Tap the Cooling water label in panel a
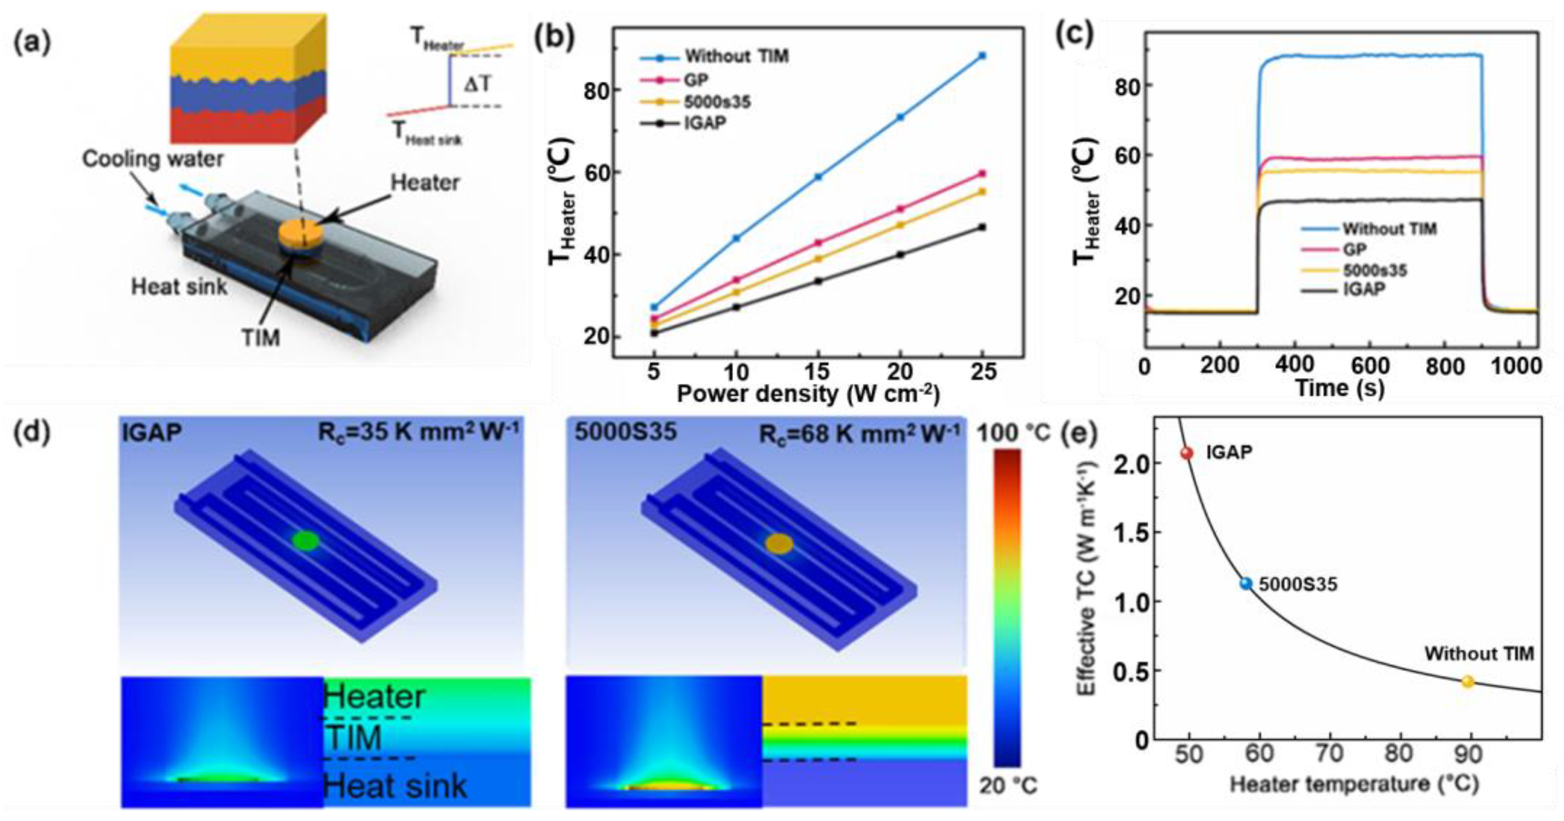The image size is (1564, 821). [152, 159]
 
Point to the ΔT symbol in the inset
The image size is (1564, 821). [478, 84]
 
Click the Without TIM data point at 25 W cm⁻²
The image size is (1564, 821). [982, 56]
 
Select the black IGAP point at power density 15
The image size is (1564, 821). [818, 281]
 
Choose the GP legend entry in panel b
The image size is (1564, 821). [696, 79]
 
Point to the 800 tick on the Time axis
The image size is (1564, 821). [1446, 366]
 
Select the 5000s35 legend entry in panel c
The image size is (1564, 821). [1374, 270]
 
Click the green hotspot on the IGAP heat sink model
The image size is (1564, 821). [305, 540]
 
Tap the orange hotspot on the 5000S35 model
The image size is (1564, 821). [779, 543]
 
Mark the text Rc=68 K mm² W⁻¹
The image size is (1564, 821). [859, 433]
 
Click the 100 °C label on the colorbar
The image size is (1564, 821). [1013, 433]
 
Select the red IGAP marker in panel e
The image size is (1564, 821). [1186, 453]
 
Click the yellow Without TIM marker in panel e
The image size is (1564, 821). [1467, 681]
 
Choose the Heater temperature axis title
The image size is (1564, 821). [1353, 785]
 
